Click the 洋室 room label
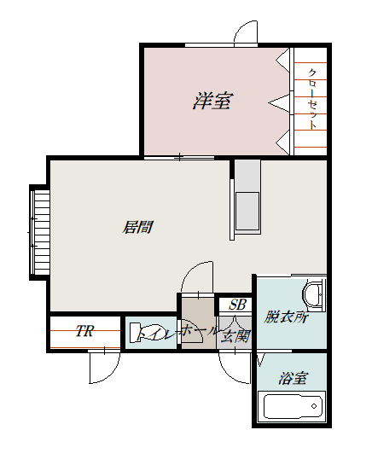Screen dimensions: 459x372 tap(212, 102)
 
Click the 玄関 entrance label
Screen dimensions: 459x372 tap(236, 334)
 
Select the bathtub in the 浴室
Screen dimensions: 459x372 tap(294, 405)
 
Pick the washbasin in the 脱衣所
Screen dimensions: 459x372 tap(315, 293)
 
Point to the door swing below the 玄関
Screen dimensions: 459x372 tap(235, 365)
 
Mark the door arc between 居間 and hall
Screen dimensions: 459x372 tap(197, 278)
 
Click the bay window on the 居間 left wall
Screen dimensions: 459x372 tap(40, 230)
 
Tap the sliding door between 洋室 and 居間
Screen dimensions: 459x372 tap(179, 157)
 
